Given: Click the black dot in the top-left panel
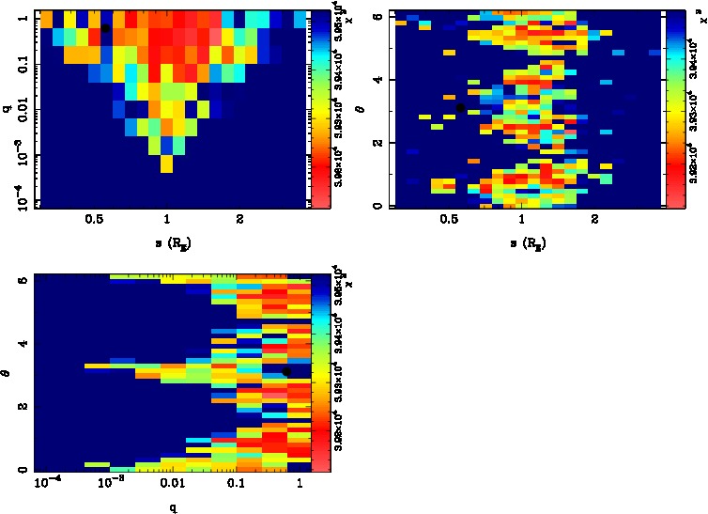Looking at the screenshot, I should tap(106, 28).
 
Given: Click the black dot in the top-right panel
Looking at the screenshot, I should tap(460, 109).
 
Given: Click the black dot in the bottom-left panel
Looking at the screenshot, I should tap(285, 371).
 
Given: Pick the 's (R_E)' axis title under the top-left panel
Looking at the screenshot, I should tap(167, 242).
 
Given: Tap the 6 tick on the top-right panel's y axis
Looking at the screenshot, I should tap(377, 17).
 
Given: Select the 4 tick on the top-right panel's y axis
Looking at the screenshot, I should tap(377, 81).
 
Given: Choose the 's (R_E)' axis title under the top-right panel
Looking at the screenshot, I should tap(521, 242).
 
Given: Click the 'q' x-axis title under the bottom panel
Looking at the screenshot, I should tap(174, 507).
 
